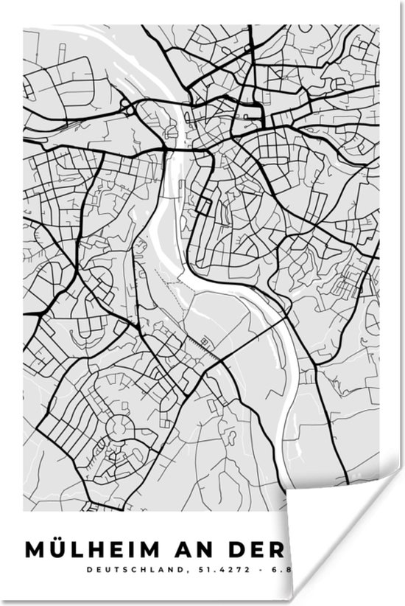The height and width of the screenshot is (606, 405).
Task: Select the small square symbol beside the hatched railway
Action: pyautogui.click(x=204, y=341)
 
